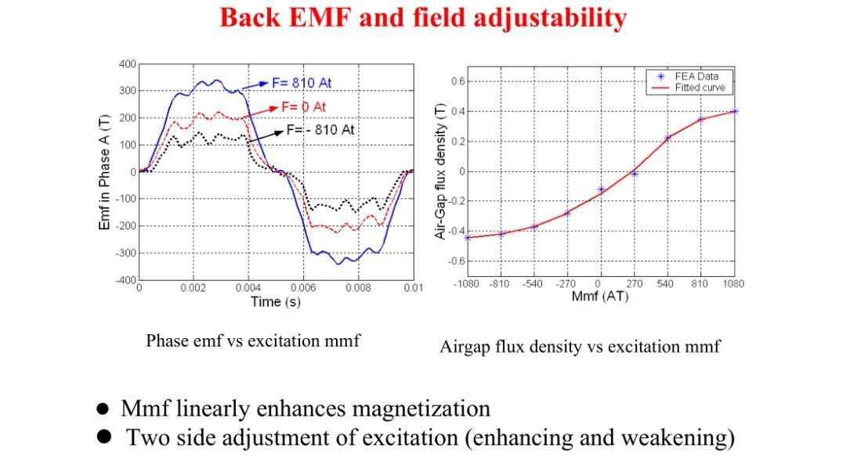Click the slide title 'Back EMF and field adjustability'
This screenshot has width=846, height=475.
pyautogui.click(x=423, y=17)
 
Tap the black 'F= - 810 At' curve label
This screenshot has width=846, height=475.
pyautogui.click(x=320, y=129)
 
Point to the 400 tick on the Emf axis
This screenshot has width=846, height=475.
pyautogui.click(x=127, y=63)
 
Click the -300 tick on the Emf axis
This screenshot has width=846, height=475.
pyautogui.click(x=125, y=253)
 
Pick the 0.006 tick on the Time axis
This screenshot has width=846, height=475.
pyautogui.click(x=303, y=288)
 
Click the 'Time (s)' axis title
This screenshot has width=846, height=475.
pyautogui.click(x=275, y=302)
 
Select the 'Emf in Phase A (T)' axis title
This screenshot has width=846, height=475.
pyautogui.click(x=104, y=171)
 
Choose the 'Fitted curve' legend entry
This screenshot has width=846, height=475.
pyautogui.click(x=700, y=88)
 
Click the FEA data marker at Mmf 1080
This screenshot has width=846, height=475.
pyautogui.click(x=734, y=111)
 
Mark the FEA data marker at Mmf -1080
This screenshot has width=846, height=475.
pyautogui.click(x=468, y=237)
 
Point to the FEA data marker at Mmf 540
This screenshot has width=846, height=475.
pyautogui.click(x=667, y=138)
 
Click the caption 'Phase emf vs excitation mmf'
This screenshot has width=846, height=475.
pyautogui.click(x=253, y=340)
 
